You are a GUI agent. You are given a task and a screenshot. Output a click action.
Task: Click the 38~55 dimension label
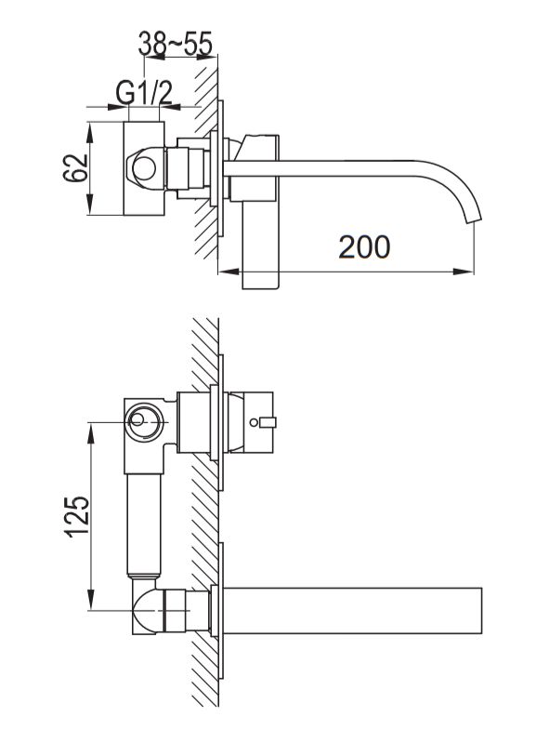coord(176,44)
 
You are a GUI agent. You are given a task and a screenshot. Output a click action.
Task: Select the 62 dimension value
coord(76,167)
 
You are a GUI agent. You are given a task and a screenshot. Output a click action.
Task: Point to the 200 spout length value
coord(364,247)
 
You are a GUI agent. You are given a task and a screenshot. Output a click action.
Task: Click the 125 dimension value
coord(77,517)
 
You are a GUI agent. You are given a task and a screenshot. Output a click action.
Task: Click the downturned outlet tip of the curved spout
coord(474,218)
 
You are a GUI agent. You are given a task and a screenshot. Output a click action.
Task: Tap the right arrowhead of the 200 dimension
coord(464,271)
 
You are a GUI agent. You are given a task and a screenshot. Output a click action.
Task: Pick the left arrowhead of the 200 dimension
coord(229,271)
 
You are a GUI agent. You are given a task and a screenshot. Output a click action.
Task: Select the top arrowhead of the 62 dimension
coord(90,132)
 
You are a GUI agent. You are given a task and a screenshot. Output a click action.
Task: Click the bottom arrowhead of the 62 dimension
coord(90,205)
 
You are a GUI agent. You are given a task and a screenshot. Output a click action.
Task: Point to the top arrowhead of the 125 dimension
coord(91,433)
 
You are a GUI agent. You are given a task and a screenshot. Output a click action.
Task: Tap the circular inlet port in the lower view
coord(144,422)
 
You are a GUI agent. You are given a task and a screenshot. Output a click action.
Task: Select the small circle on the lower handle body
coord(254,423)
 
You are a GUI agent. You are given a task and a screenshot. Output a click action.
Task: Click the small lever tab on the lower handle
coord(268,422)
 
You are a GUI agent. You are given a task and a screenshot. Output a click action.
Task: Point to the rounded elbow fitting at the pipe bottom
coord(148,610)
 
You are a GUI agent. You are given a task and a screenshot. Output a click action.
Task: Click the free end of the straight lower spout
coord(481,610)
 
